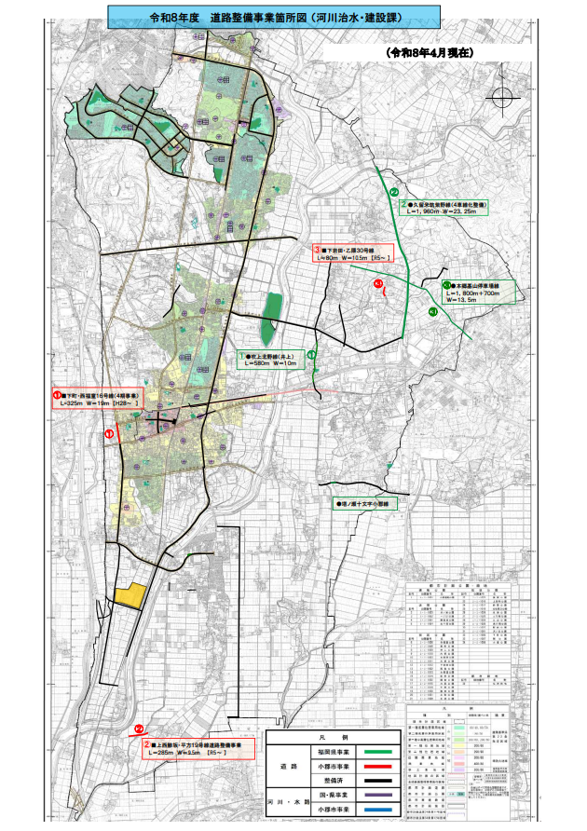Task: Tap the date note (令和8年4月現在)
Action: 431,53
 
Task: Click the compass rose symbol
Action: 502,98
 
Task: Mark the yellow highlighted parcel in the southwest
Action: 129,596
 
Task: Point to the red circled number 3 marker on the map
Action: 378,283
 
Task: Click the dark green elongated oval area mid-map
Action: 271,316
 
